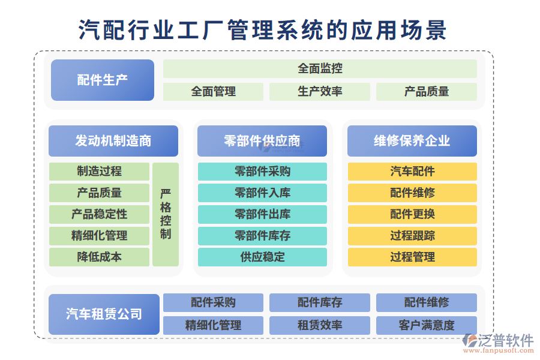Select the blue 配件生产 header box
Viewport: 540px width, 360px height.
click(x=103, y=80)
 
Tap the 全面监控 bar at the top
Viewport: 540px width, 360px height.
click(x=320, y=68)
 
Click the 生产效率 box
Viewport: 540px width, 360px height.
click(x=320, y=92)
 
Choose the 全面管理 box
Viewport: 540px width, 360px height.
click(x=213, y=92)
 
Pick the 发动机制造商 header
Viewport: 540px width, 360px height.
click(x=113, y=141)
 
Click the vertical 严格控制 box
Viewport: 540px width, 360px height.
click(x=166, y=214)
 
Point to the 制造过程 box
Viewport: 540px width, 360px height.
click(x=99, y=172)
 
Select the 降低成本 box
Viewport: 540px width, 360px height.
click(x=99, y=257)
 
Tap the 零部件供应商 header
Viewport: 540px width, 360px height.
click(x=262, y=141)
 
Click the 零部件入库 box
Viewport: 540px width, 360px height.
click(x=262, y=193)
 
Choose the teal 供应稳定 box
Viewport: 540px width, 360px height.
click(x=262, y=257)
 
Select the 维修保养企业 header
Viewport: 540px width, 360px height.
click(x=412, y=141)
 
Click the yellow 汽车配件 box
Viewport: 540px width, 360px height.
click(x=412, y=172)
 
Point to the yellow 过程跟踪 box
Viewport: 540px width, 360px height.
click(x=412, y=236)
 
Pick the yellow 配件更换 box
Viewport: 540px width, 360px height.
click(x=412, y=214)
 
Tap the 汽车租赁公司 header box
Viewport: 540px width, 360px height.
click(x=104, y=314)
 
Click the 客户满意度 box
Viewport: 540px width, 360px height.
click(x=427, y=325)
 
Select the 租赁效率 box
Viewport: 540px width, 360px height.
click(x=320, y=325)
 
